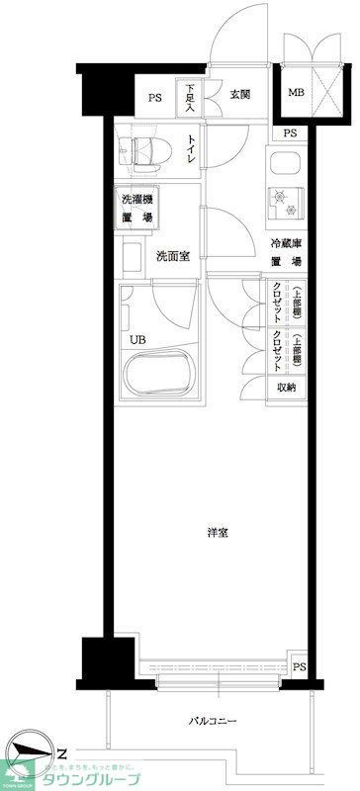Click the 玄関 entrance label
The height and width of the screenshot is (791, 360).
click(239, 95)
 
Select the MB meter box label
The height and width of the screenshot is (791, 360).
click(295, 94)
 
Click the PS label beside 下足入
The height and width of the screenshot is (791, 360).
click(154, 97)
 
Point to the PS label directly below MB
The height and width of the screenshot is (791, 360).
click(289, 133)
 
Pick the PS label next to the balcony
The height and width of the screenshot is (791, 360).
click(298, 667)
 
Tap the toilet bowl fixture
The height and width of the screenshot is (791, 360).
click(137, 149)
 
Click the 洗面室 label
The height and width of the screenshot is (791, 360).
click(171, 258)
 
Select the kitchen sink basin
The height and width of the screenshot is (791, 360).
click(288, 165)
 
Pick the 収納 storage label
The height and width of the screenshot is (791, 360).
click(286, 387)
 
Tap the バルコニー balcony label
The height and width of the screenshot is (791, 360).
click(214, 721)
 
